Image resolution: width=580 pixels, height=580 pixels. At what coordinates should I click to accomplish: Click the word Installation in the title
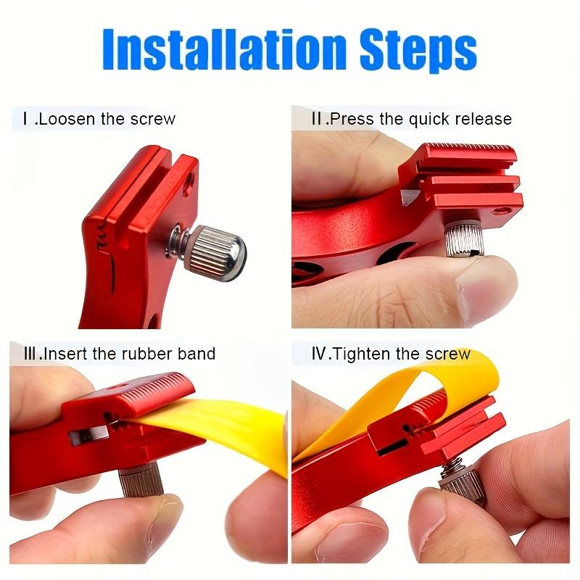click(225, 49)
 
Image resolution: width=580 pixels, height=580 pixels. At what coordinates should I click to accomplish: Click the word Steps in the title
click(418, 51)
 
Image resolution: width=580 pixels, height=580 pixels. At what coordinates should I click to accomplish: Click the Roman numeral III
click(30, 354)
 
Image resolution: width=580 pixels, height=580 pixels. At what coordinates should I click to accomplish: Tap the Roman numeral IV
click(320, 354)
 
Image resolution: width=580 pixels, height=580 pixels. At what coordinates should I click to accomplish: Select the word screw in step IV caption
click(447, 354)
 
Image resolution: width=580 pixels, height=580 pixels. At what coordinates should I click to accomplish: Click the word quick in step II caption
click(429, 120)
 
